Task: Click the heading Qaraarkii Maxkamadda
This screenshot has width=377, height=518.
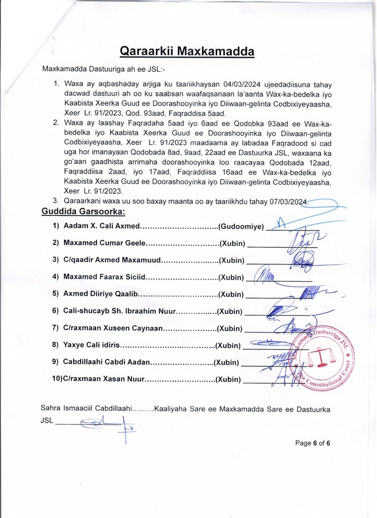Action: click(187, 52)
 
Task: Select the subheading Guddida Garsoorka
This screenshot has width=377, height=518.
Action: click(83, 212)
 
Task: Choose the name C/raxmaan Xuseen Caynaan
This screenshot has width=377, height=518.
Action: click(113, 329)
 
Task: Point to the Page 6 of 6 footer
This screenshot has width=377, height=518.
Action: click(313, 443)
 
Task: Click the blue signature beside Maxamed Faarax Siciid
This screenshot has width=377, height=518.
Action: click(264, 277)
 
